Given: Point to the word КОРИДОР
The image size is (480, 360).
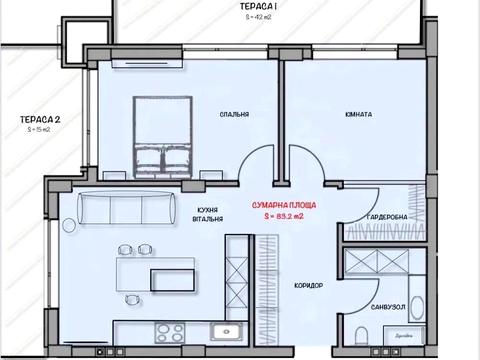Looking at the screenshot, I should (311, 286).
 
